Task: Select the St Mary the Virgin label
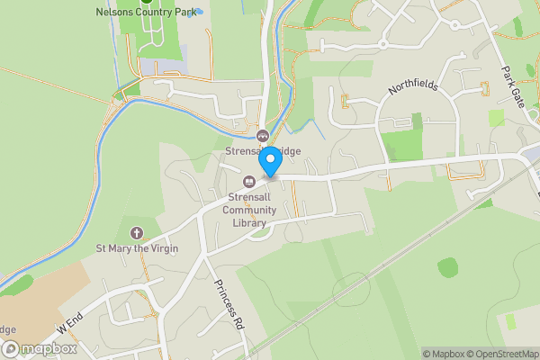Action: coord(137,247)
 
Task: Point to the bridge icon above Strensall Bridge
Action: coord(264,136)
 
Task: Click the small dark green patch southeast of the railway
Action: coord(448,266)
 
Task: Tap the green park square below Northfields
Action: coord(402,144)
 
